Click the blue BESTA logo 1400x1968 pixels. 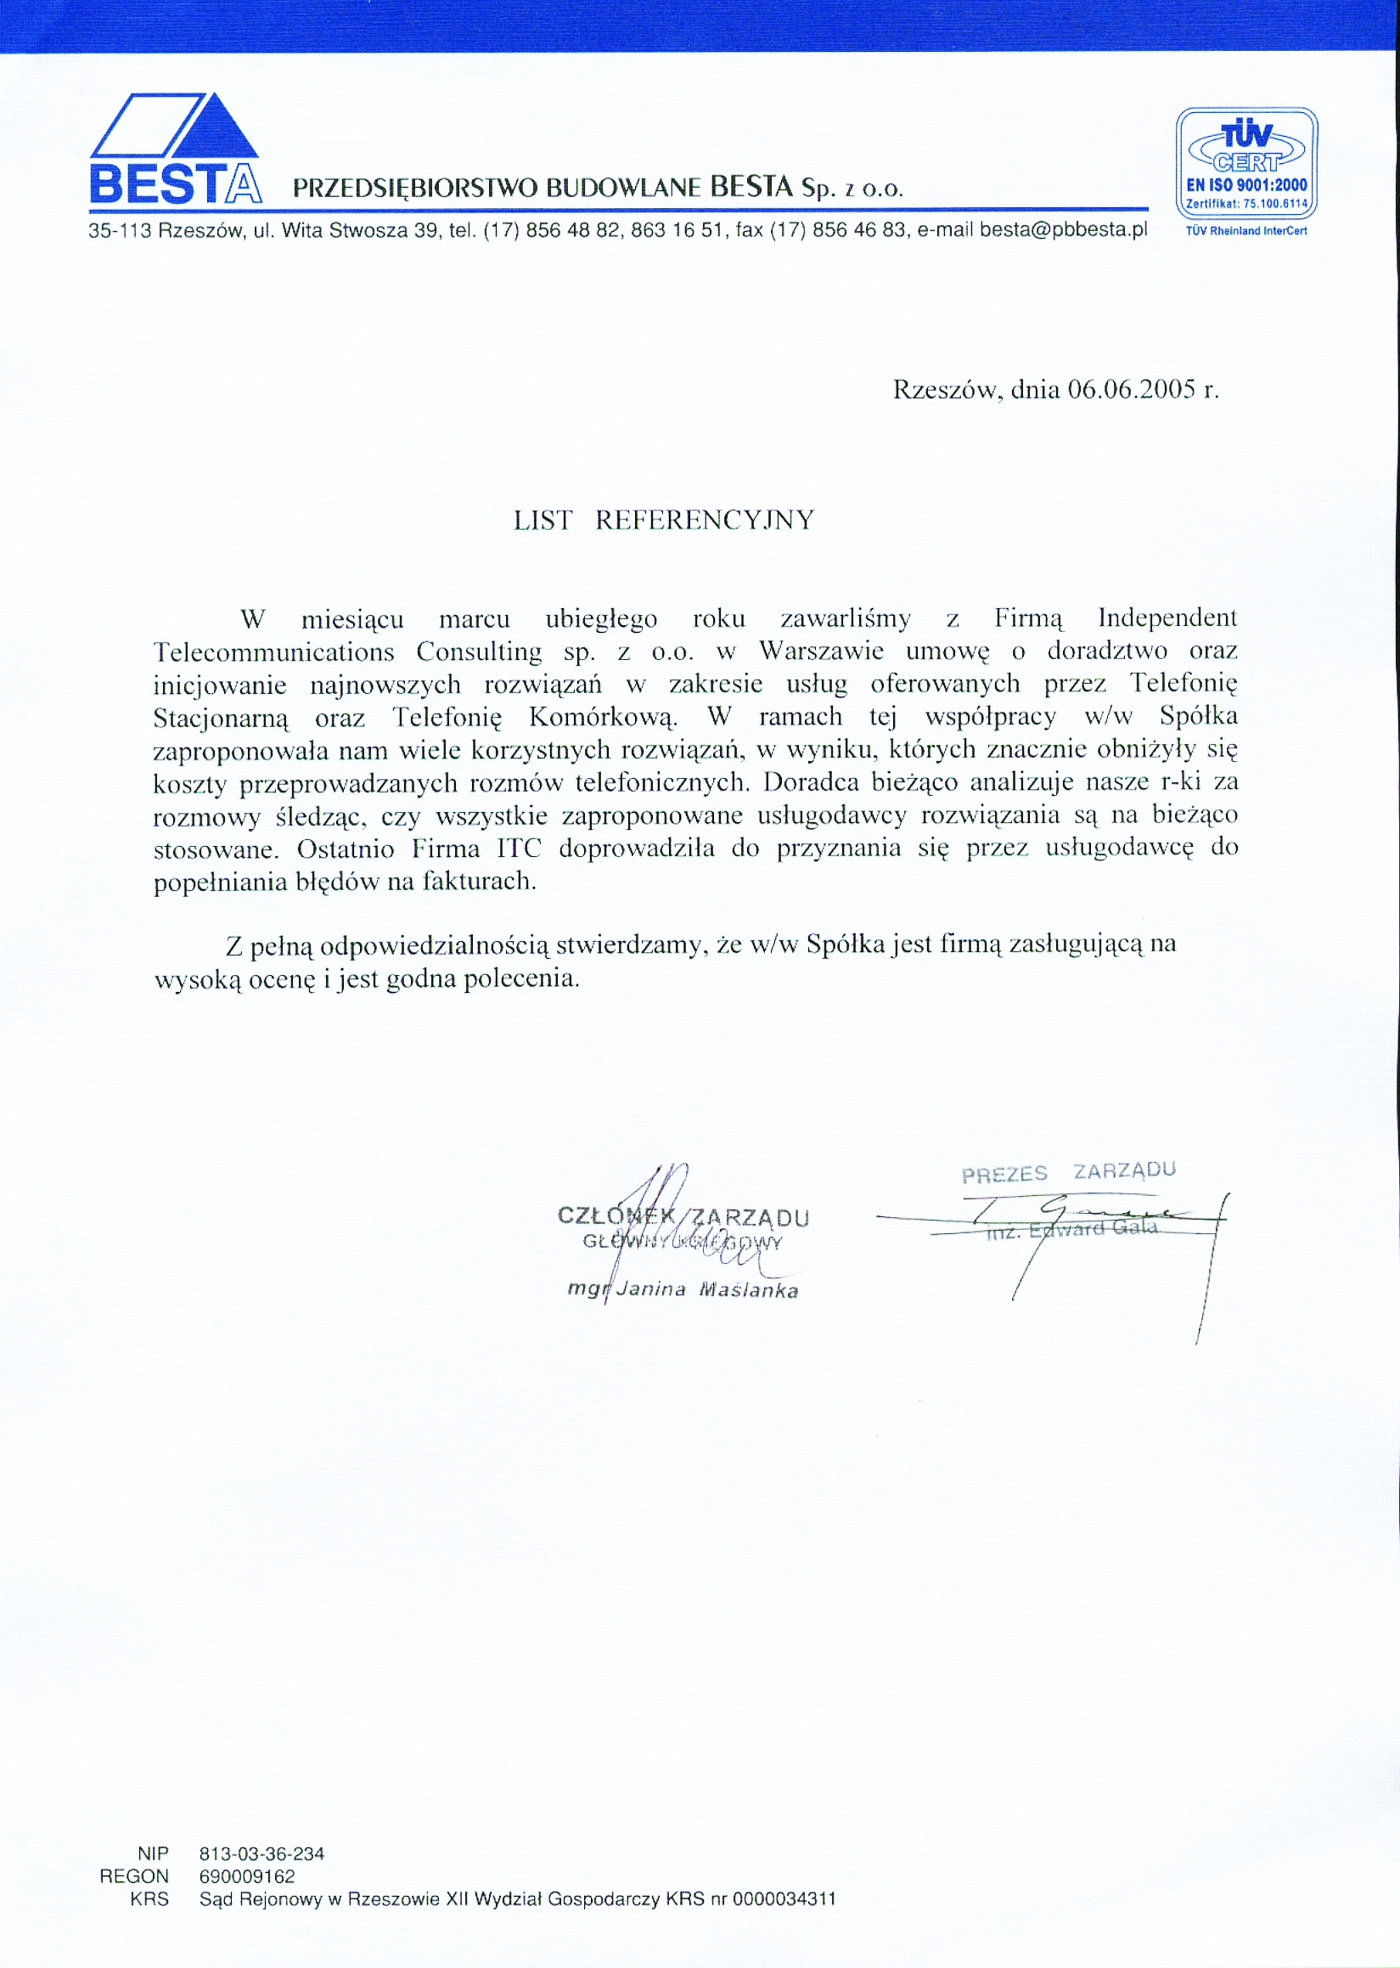(x=174, y=149)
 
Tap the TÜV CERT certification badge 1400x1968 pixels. (x=1246, y=164)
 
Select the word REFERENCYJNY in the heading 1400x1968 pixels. (x=705, y=520)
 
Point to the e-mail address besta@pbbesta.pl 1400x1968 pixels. (x=1064, y=230)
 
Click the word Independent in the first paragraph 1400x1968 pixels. (x=1167, y=617)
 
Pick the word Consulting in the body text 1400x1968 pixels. (x=480, y=651)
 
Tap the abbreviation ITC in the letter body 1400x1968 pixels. (x=519, y=849)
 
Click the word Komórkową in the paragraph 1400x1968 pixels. (x=603, y=717)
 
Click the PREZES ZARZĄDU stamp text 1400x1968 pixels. (x=1068, y=1173)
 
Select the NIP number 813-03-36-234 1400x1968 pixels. (x=262, y=1854)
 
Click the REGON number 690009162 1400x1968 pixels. (x=247, y=1876)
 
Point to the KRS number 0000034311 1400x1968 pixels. (x=784, y=1899)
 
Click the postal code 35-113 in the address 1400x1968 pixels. (x=120, y=230)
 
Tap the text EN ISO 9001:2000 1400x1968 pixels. (x=1246, y=184)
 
